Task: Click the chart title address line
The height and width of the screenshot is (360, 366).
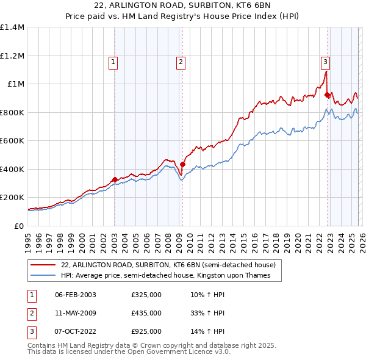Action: (183, 5)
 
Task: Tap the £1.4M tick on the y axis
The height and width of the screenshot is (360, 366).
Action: (12, 27)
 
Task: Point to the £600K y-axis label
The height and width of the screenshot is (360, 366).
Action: (12, 141)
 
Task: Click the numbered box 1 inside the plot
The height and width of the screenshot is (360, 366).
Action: (114, 61)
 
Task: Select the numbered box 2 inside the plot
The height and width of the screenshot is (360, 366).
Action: (182, 61)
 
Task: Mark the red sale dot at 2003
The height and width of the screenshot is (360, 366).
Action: (115, 179)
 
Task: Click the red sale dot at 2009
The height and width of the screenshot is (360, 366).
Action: (182, 164)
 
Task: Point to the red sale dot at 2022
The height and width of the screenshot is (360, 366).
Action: (328, 95)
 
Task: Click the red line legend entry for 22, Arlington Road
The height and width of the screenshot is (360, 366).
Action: (168, 265)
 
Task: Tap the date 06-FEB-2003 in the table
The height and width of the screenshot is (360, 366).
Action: (76, 295)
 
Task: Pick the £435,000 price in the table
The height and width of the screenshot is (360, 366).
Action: (146, 313)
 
